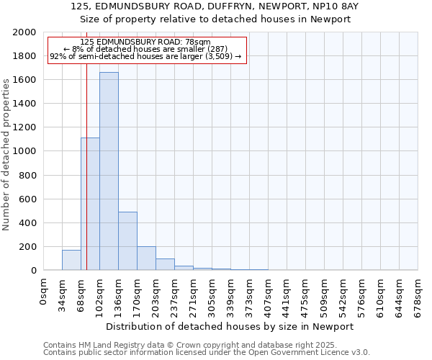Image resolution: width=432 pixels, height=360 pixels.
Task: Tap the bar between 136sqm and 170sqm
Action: click(x=127, y=241)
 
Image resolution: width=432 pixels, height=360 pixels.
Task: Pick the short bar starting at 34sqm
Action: click(x=71, y=260)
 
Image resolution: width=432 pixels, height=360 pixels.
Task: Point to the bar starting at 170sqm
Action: click(x=146, y=258)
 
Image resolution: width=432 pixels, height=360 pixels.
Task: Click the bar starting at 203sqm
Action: click(x=165, y=264)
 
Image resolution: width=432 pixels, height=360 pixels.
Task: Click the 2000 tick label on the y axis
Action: click(x=24, y=32)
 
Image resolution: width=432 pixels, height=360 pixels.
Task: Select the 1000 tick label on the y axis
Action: click(x=24, y=151)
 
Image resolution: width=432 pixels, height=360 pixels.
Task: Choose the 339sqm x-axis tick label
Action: click(x=230, y=294)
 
